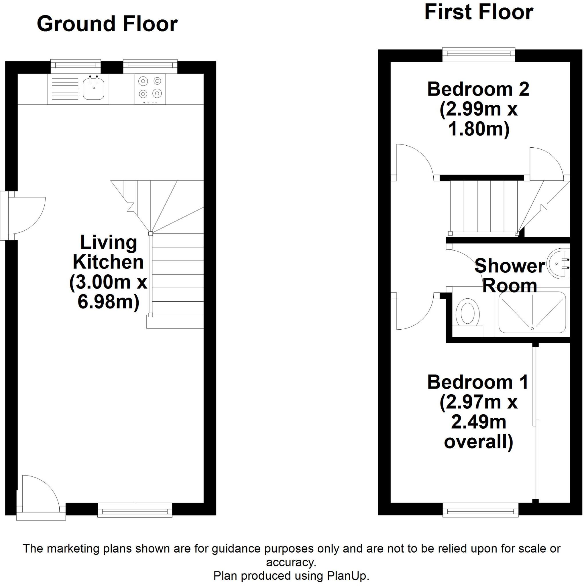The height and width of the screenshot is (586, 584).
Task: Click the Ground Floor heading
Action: tap(107, 24)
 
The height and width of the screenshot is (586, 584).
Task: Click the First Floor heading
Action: tap(478, 12)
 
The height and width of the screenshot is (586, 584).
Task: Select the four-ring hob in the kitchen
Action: tap(150, 89)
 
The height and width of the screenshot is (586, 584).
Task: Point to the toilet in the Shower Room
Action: tap(467, 312)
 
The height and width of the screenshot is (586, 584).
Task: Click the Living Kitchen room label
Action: tap(108, 252)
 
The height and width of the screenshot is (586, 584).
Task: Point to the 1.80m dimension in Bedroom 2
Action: tap(479, 129)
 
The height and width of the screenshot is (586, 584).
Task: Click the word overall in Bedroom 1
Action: tap(478, 442)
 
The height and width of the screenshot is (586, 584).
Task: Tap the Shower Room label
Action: tap(510, 276)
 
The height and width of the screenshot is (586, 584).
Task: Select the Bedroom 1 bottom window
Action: tap(481, 510)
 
